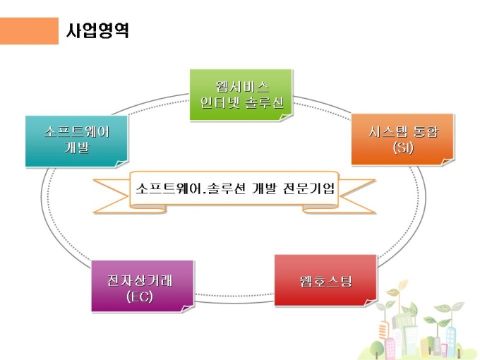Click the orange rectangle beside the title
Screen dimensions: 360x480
(30, 31)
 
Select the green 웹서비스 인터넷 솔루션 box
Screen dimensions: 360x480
(241, 94)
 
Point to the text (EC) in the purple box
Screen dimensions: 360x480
(140, 296)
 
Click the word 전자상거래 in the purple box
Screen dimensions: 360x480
(141, 279)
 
